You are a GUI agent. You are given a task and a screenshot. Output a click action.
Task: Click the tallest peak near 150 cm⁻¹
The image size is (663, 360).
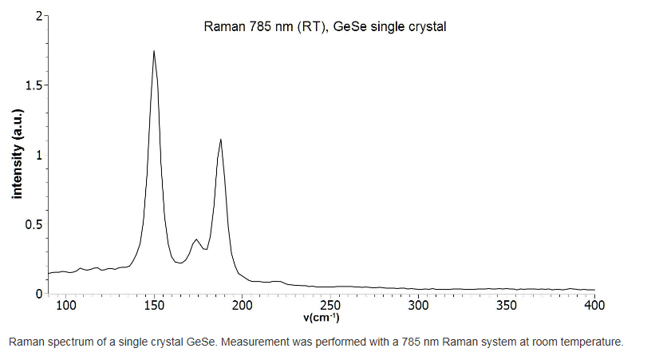pos(153,51)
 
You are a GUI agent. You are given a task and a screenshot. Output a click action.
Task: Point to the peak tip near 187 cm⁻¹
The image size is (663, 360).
pos(220,140)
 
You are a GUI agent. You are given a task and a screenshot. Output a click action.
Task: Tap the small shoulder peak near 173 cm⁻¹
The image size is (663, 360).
pos(195,239)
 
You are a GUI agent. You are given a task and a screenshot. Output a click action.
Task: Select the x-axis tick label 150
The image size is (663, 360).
pos(155,306)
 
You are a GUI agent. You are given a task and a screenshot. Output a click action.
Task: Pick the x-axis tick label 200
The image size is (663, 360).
pos(243,306)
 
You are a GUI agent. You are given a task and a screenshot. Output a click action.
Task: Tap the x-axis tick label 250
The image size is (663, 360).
pos(330,306)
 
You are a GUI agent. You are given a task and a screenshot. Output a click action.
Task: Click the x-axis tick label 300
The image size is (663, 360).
pos(419,306)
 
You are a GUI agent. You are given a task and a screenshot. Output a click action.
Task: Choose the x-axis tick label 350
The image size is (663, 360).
pos(507,306)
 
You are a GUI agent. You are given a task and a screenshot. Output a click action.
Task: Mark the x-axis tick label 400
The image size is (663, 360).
pos(594,306)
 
